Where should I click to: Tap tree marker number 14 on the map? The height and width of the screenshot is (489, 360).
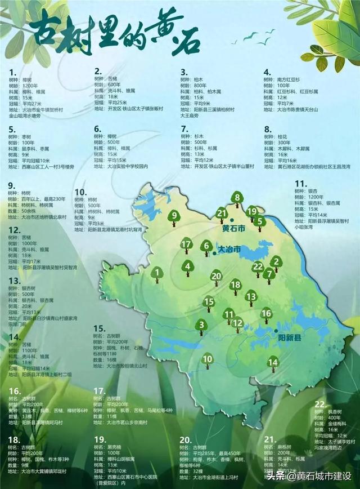[x=273, y=362]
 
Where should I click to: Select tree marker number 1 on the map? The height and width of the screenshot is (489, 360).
[x=158, y=274]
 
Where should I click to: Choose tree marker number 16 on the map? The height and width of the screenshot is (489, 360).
[x=267, y=313]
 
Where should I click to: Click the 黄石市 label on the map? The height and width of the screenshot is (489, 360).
[x=234, y=229]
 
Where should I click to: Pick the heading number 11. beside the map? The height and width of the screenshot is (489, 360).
[x=300, y=184]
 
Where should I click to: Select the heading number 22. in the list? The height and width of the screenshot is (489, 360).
[x=320, y=404]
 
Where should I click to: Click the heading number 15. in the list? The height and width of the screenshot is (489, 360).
[x=100, y=328]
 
